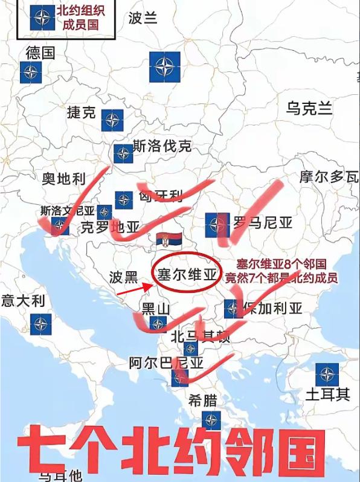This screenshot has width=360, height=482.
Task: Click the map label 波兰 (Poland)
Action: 143,18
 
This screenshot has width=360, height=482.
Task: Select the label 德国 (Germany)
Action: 40,53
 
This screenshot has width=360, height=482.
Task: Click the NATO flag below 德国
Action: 31,73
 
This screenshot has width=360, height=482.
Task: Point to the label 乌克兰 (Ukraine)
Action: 309,109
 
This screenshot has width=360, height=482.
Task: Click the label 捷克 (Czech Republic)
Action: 82,112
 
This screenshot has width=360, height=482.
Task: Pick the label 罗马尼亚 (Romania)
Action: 263,223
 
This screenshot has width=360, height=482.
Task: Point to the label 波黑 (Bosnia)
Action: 124,278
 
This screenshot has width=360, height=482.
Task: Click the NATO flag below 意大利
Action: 40,324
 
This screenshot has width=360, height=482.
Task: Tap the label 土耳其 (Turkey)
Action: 327,395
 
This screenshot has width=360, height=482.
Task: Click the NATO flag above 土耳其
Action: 327,374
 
